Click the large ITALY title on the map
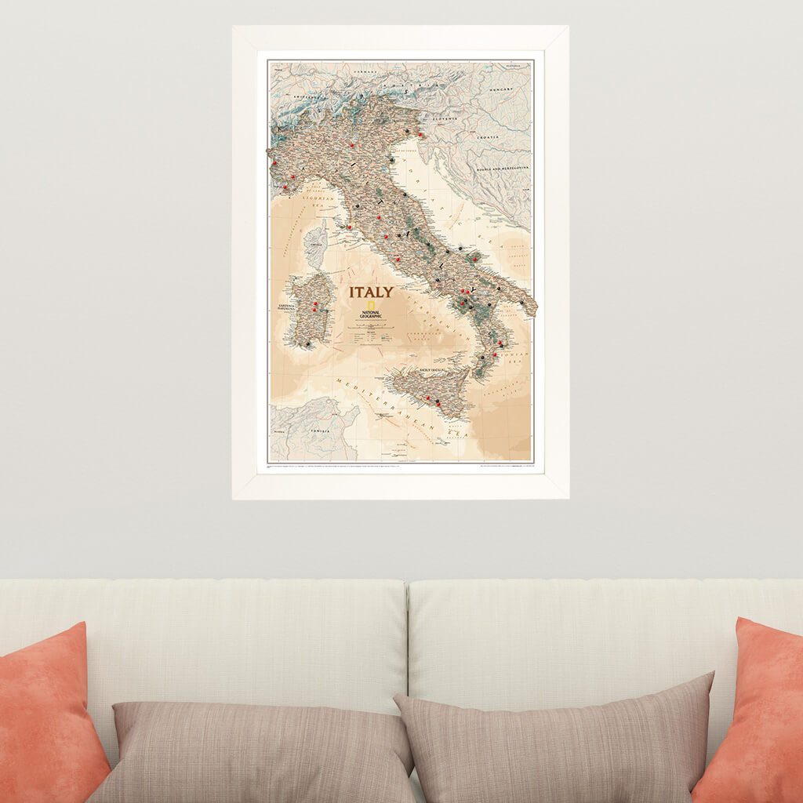372,292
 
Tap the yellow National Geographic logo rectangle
388,292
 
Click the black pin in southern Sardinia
308,343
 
